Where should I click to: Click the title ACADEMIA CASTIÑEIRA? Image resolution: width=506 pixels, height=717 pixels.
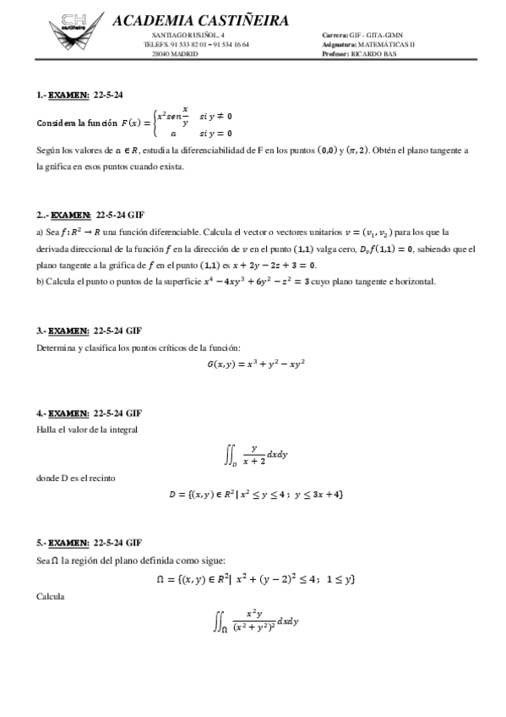click(199, 20)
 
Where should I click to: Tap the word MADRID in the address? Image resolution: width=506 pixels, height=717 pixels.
click(185, 52)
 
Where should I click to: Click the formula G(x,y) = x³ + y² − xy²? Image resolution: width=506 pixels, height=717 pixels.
click(255, 364)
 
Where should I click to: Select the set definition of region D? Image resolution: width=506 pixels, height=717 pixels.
click(256, 494)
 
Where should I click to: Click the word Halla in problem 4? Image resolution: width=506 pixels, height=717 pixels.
click(47, 430)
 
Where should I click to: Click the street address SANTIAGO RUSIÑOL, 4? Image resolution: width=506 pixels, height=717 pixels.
click(188, 35)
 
